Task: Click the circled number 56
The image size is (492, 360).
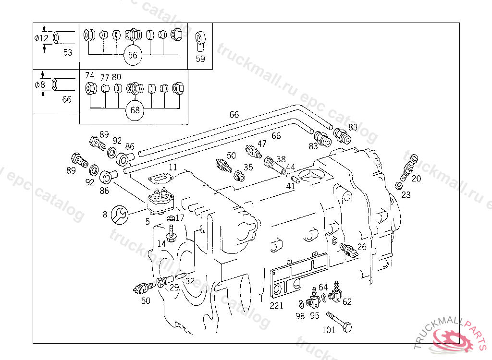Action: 133,55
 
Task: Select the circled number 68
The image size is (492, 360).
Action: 135,110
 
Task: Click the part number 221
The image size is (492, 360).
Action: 277,306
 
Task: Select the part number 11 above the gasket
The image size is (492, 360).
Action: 173,168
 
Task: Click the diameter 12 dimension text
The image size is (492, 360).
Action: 41,38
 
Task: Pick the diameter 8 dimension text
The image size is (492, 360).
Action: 40,85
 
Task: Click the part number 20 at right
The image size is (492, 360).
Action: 416,179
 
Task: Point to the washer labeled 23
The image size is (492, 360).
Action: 399,185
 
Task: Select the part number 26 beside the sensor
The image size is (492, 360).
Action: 361,247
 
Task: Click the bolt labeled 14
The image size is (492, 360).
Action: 171,234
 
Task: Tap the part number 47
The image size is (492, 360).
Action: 261,144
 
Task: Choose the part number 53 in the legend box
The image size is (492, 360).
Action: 68,52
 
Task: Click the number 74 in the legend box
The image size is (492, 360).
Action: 89,75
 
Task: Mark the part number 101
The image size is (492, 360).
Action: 329,330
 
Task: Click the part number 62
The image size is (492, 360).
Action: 347,302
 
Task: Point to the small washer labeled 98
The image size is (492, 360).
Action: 300,304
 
